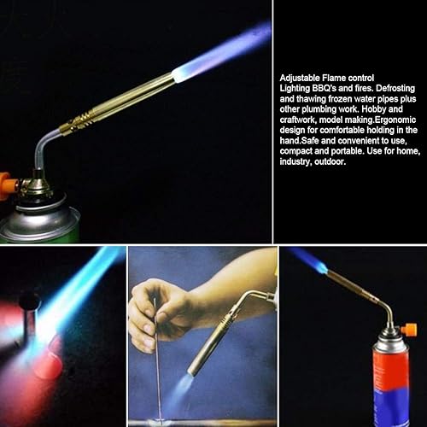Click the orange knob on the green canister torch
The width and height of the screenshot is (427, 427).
click(6, 182)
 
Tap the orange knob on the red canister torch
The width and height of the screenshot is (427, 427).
click(409, 330)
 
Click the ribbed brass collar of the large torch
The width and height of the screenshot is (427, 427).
click(80, 122)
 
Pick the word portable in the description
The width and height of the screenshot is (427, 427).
click(348, 151)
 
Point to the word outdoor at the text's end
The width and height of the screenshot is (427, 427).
click(330, 161)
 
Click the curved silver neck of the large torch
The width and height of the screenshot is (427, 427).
click(43, 147)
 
